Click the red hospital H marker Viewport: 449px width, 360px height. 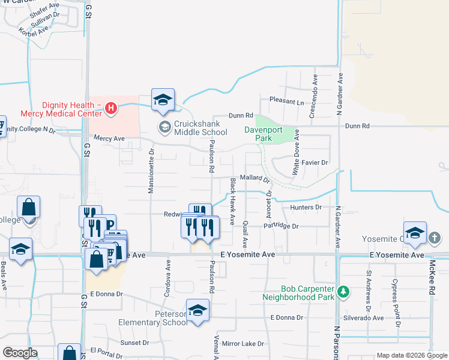(110, 109)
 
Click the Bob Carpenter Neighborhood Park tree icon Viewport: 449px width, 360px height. (343, 292)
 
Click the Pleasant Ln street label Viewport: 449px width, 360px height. (287, 101)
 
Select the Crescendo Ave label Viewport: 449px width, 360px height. (313, 96)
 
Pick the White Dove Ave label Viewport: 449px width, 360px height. (296, 154)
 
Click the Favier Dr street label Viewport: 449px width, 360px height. (315, 163)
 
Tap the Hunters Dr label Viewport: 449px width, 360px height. (306, 207)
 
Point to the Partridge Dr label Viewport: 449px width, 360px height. (281, 226)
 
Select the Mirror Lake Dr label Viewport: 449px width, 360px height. (243, 344)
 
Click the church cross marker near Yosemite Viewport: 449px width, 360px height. (435, 238)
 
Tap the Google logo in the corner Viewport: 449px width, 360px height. (20, 353)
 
